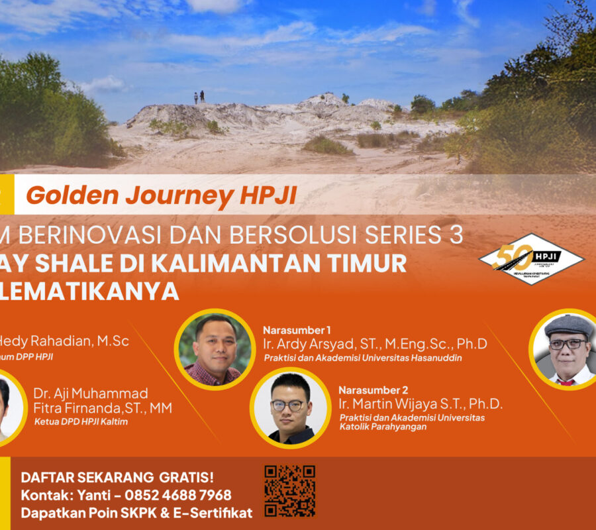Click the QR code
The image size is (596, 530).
tap(289, 491)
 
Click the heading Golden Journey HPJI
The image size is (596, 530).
tap(162, 195)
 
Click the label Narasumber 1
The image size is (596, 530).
tap(297, 330)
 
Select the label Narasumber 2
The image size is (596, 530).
tap(373, 390)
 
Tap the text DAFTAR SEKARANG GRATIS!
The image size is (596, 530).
tap(117, 477)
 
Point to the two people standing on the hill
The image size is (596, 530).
tap(198, 97)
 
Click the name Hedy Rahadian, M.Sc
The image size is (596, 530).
tap(66, 341)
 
